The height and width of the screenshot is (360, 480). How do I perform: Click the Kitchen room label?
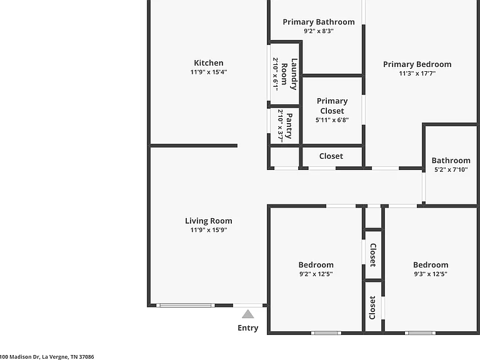click(209, 63)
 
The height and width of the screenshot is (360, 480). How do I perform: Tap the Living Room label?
click(209, 221)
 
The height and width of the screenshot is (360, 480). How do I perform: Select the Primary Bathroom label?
click(319, 22)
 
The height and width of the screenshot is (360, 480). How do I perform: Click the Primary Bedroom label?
click(417, 64)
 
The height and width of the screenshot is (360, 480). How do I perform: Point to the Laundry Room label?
click(289, 74)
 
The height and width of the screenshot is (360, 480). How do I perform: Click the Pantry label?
click(289, 126)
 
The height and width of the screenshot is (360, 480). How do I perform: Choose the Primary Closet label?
click(332, 106)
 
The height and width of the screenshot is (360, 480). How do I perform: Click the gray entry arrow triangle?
click(247, 314)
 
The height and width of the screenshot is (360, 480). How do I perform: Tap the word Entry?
click(248, 328)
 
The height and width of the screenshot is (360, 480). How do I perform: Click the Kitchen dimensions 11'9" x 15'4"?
click(209, 72)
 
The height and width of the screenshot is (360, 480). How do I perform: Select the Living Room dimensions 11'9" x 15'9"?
click(209, 230)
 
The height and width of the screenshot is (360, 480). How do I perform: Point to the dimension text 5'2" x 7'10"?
click(451, 169)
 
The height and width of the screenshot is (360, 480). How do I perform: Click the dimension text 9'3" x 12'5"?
click(431, 274)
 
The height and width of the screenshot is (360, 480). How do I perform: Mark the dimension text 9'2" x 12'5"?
click(316, 274)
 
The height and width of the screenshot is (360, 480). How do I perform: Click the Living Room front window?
click(186, 305)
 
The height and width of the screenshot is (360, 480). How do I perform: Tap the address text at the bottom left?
click(47, 357)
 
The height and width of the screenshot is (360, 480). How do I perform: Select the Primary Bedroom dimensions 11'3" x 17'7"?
click(417, 74)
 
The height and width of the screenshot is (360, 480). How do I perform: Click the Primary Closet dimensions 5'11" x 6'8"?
click(332, 120)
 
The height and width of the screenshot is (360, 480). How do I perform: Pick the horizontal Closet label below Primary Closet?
click(331, 156)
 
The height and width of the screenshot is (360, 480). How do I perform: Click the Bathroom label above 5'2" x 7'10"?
click(451, 161)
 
